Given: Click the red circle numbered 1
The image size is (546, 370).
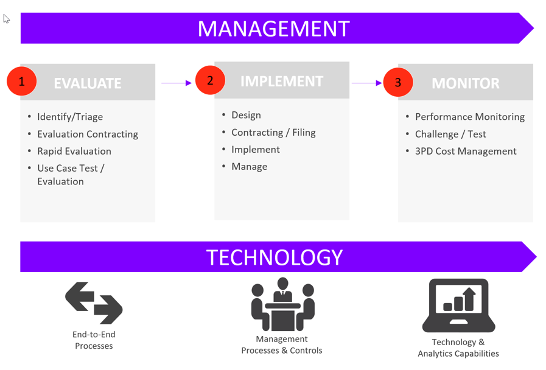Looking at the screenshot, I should coord(22,82).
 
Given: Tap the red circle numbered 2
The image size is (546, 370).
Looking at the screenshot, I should coord(210,80).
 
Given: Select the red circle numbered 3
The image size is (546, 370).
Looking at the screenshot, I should coord(398,82).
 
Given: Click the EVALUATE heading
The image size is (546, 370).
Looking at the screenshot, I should coord(88,83).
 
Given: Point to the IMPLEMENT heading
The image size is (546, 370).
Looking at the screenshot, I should coord(282,82).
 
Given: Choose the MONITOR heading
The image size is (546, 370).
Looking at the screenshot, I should coord(466,83).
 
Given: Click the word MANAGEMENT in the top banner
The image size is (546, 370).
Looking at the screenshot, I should coord(273,29).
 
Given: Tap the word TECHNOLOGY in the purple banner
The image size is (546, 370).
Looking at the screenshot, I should coord(275,257).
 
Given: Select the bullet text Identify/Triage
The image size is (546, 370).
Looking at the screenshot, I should coord(70,117).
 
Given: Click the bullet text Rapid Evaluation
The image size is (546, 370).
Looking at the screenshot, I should coord(74,151).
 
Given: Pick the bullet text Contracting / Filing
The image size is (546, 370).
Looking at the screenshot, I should coord(273,132).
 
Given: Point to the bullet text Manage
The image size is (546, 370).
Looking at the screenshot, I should coord(249,166).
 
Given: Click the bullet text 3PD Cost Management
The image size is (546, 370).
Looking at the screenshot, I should coord(466,151).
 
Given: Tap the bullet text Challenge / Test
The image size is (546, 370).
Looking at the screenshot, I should coord(450,134).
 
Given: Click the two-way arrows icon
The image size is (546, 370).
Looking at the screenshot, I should coord(94,302).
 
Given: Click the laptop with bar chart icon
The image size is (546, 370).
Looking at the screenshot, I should coord(458,305).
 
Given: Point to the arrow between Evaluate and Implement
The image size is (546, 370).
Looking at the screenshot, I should coord(177,83).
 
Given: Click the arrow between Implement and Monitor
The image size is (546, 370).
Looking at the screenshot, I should coord(366,83).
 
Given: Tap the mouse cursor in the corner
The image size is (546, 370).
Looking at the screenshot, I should coord(6,19).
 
